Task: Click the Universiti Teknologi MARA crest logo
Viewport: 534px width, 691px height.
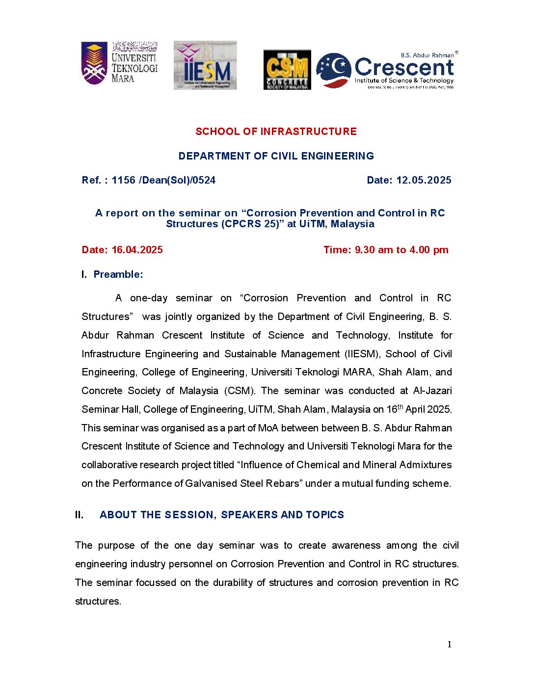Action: (94, 63)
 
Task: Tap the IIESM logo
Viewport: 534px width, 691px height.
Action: (205, 65)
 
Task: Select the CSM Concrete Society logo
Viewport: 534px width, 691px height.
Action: (287, 70)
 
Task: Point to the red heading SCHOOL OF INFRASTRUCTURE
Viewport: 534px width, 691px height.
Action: (276, 132)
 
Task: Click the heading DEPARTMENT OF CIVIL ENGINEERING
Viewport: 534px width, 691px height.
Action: (276, 156)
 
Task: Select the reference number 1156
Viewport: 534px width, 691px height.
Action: (123, 180)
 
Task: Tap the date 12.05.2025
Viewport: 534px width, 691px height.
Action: (424, 180)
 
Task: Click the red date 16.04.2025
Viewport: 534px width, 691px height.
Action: (137, 250)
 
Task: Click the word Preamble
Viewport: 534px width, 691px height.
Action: (118, 274)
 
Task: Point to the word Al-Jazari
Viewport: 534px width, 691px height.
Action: (432, 391)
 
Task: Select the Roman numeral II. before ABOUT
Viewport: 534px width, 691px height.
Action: (79, 515)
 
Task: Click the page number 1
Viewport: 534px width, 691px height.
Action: (449, 644)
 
